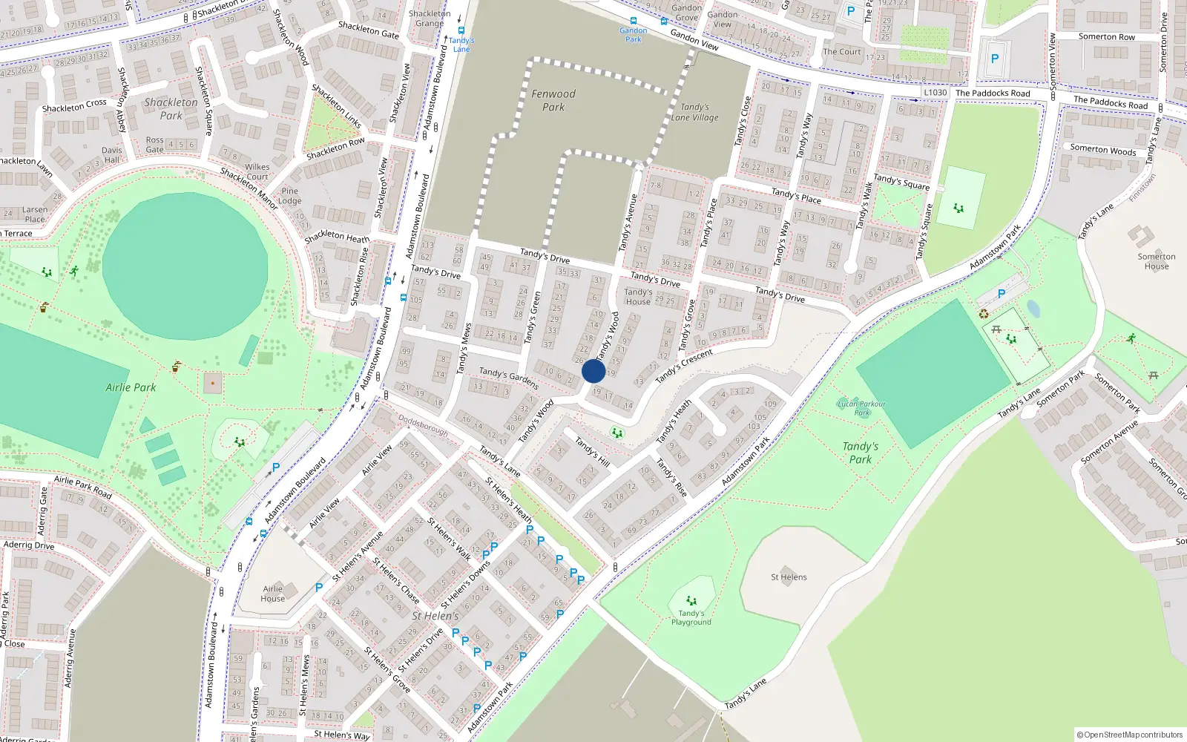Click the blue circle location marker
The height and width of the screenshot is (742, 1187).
pos(593,371)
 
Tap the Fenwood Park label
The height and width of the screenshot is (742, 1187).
pos(553,100)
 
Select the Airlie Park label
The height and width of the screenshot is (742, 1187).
pos(131,387)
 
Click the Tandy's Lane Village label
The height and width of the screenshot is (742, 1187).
pos(694,112)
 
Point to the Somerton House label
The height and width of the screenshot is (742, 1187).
pos(1156,261)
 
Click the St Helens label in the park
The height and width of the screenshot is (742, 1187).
pos(789,577)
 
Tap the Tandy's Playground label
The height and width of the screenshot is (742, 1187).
pos(691,617)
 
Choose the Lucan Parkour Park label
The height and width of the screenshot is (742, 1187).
pos(861,408)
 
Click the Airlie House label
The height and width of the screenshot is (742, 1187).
pos(272,594)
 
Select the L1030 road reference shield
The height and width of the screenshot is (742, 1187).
pos(936,93)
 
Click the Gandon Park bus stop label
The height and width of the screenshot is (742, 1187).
pos(633,34)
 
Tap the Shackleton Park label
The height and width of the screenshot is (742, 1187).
pos(171,109)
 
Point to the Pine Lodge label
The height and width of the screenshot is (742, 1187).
pos(290,196)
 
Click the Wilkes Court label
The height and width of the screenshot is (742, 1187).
pos(257,171)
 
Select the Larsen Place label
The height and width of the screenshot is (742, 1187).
pos(35,214)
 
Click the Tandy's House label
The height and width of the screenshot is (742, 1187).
pos(638,297)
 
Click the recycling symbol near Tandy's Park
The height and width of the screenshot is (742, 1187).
pos(984,314)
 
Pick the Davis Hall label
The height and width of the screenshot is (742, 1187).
pos(112,154)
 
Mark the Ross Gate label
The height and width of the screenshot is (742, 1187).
pos(154,145)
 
